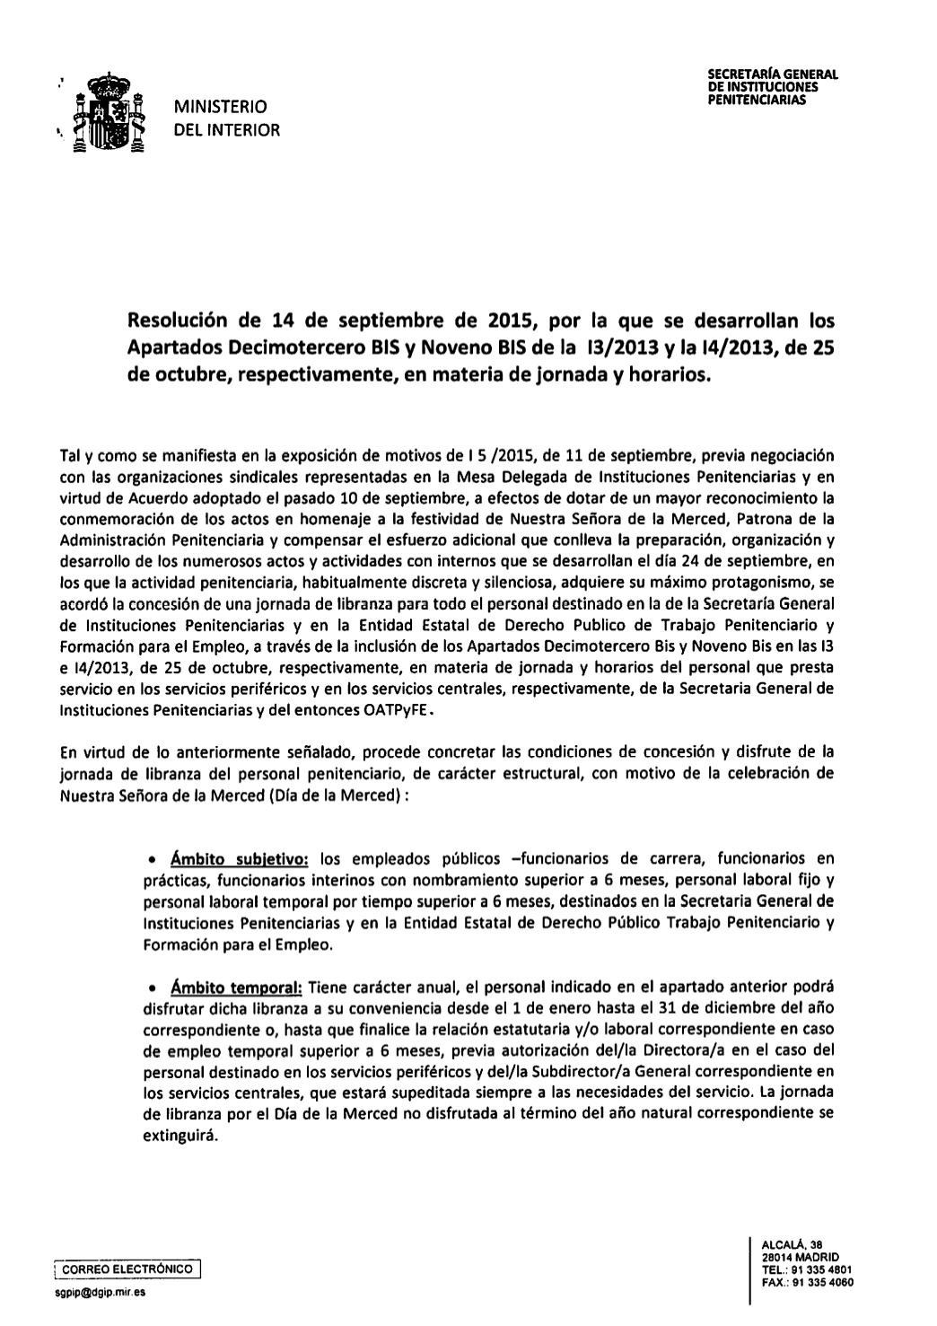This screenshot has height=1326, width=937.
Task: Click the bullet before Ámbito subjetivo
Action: [x=153, y=860]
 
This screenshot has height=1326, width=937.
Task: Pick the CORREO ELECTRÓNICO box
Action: [x=127, y=1269]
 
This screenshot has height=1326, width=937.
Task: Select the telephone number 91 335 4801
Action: [x=820, y=1269]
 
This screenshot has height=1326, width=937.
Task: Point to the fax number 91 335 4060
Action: [x=821, y=1282]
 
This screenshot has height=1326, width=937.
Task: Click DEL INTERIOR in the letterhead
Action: [x=227, y=130]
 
